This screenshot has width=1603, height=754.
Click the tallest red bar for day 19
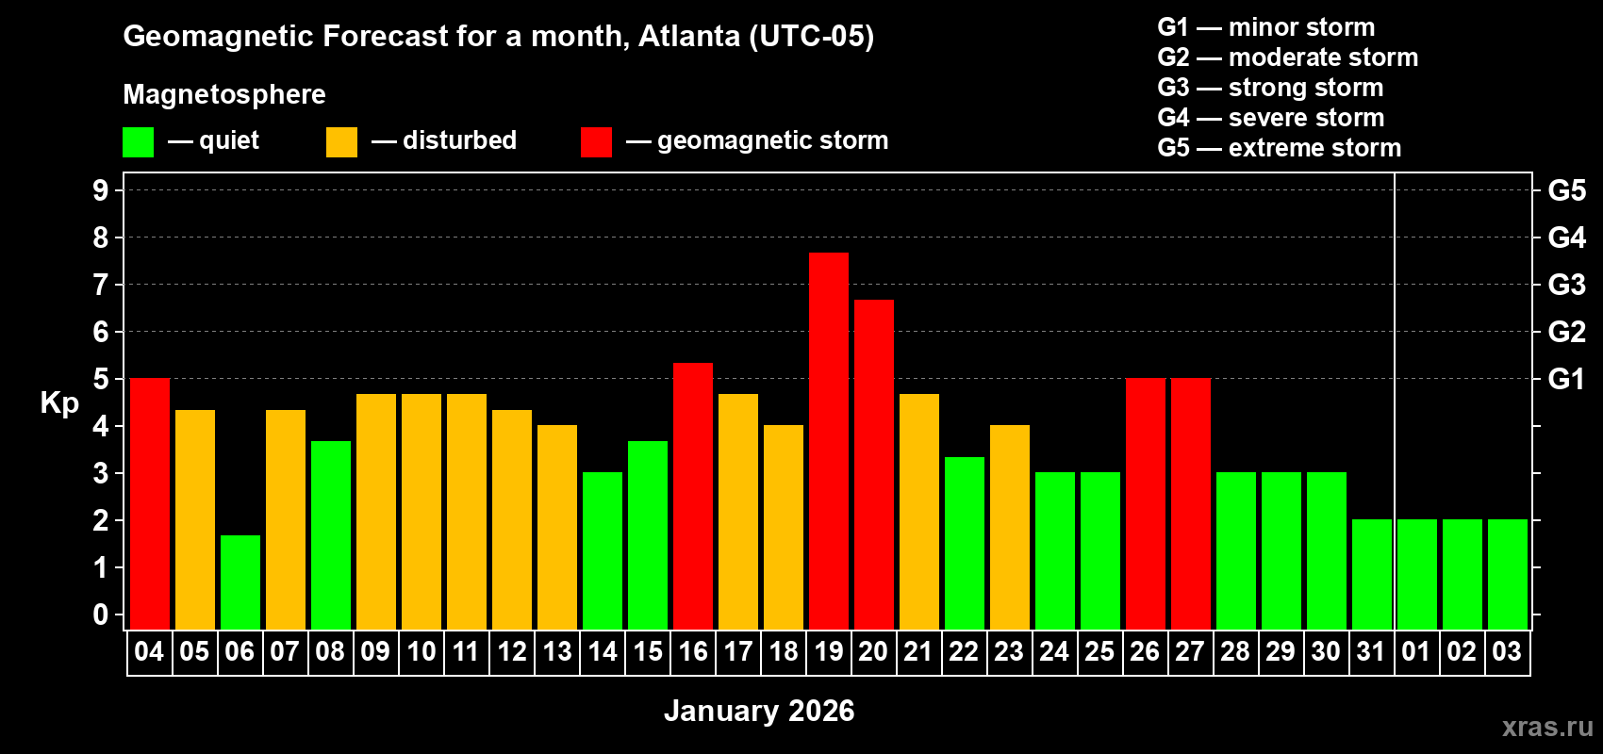(829, 440)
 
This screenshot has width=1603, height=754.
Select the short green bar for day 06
(240, 582)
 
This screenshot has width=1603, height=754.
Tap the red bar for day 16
(693, 496)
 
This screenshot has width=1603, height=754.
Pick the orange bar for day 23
(1010, 527)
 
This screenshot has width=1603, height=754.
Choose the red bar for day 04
(150, 503)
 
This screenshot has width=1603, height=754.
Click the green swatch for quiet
(138, 142)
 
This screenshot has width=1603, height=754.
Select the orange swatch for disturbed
(341, 142)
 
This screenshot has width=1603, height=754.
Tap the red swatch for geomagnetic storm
(596, 142)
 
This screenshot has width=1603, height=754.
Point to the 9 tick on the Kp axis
(101, 190)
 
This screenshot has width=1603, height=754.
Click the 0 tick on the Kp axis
(101, 615)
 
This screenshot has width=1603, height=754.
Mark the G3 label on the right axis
(1566, 285)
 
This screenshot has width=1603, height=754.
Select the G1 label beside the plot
(1566, 379)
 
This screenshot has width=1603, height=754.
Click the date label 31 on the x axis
(1370, 651)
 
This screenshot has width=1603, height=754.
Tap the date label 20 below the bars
(873, 651)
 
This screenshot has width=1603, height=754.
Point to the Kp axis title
(59, 402)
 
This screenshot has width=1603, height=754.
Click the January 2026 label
(759, 711)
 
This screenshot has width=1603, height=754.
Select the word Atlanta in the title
(689, 36)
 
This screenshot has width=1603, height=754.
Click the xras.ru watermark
(1547, 726)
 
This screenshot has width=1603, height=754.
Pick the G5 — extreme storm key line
(1279, 148)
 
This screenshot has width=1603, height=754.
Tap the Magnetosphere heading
(224, 94)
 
